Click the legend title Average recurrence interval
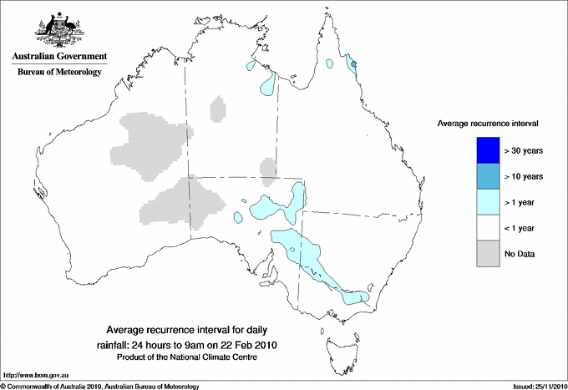[x=488, y=123]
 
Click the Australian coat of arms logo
[x=59, y=30]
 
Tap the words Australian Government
[x=59, y=57]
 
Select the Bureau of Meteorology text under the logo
[x=59, y=73]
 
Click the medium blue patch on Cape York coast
[x=353, y=64]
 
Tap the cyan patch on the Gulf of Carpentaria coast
[x=268, y=83]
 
